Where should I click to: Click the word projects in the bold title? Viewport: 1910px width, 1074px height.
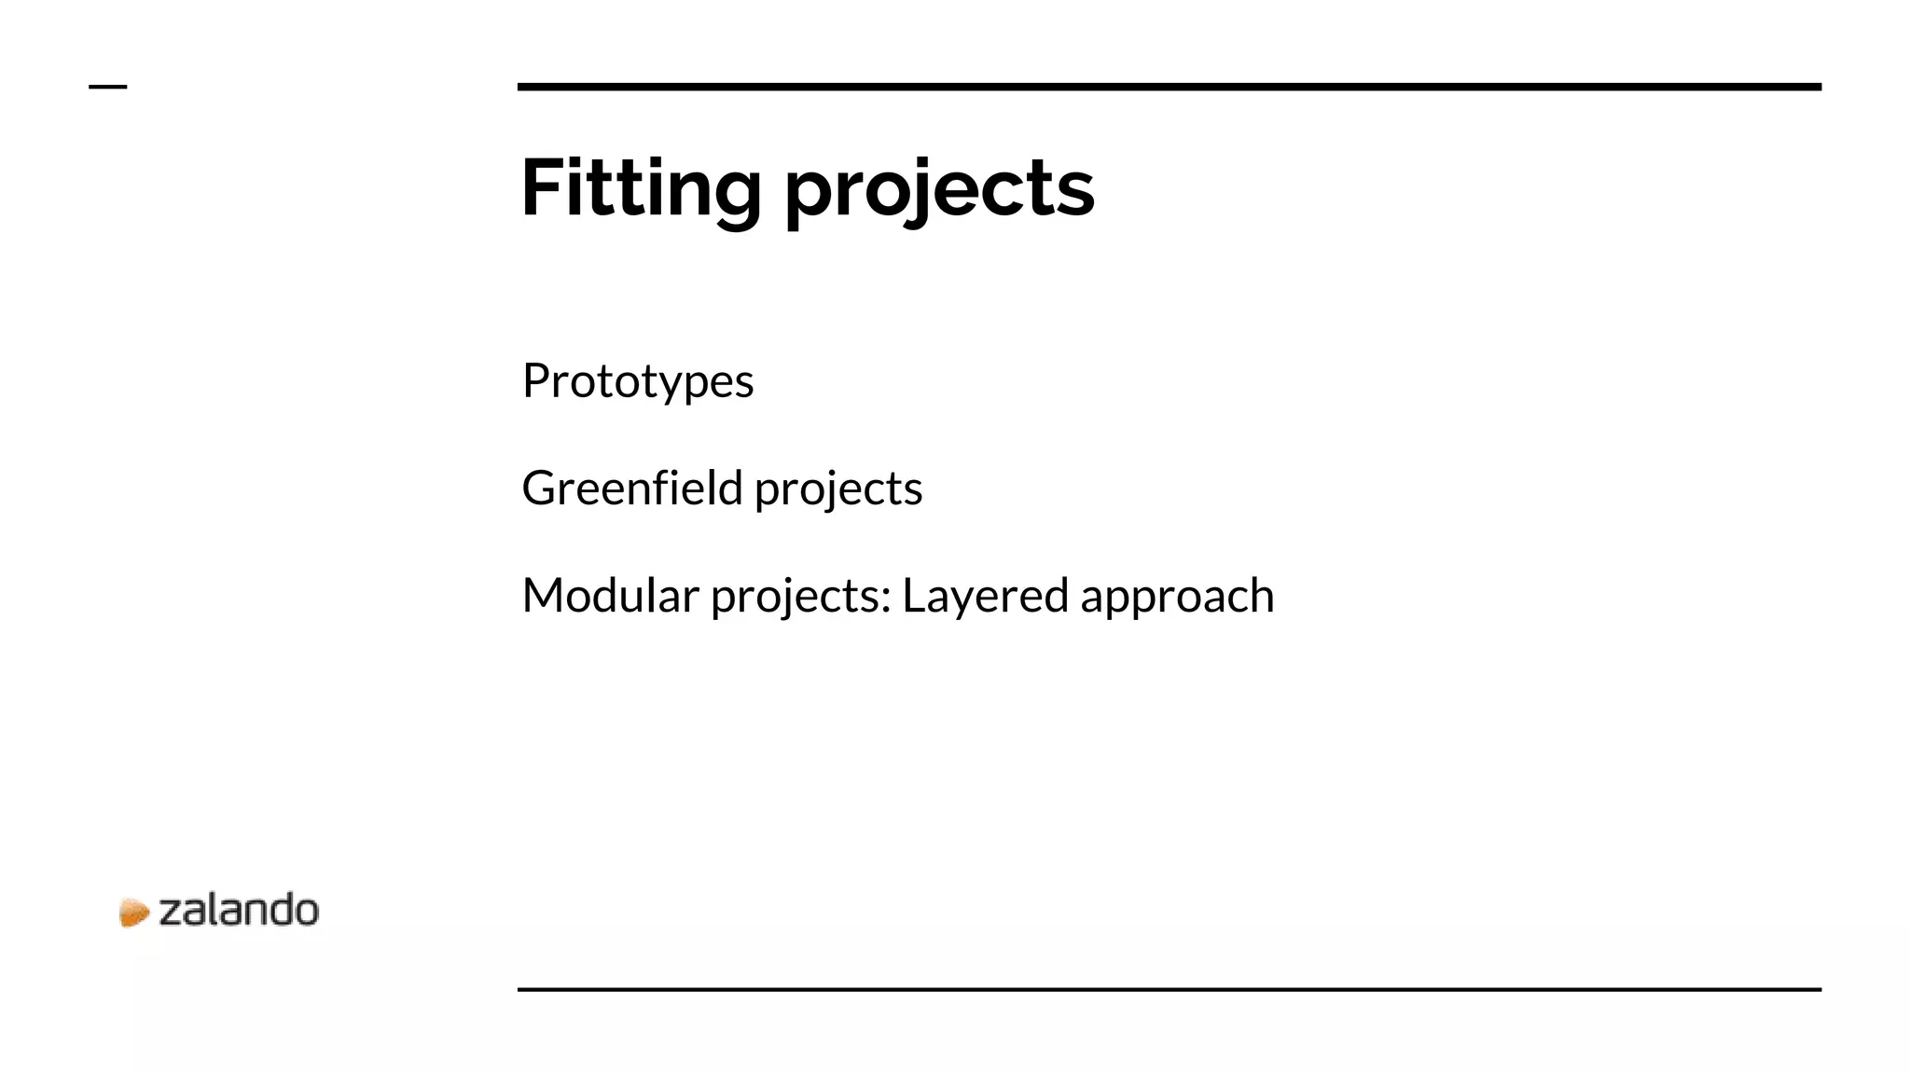tap(939, 191)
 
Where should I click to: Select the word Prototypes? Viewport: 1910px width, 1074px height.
tap(638, 381)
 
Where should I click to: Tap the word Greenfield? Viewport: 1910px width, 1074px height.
tap(631, 488)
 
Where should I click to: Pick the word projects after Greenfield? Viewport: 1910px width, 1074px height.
tap(837, 490)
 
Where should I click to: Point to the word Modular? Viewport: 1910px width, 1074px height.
tap(610, 595)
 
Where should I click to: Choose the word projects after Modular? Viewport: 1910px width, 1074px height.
tap(798, 598)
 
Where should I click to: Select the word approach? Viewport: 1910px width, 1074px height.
tap(1177, 598)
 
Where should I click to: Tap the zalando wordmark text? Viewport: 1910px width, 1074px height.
tap(239, 911)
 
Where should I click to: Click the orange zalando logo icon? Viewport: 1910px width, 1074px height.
tap(133, 913)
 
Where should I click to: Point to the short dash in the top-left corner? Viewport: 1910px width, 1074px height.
tap(107, 87)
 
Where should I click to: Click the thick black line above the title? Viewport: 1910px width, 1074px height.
tap(1169, 87)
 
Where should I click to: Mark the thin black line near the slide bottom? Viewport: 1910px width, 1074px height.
tap(1169, 989)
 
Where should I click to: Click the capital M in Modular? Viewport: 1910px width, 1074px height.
tap(545, 595)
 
